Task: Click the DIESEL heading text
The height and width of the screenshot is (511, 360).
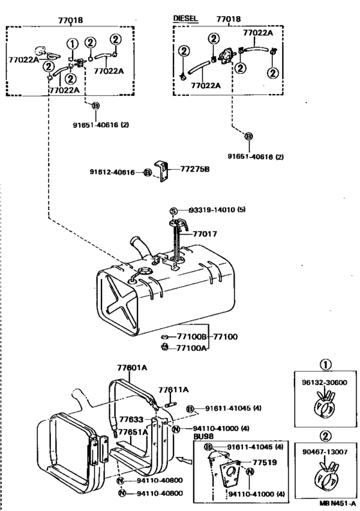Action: click(185, 18)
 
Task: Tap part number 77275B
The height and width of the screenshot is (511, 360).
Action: click(195, 169)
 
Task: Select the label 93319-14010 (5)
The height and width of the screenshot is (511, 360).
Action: click(217, 210)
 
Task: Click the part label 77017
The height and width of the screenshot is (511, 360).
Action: click(205, 234)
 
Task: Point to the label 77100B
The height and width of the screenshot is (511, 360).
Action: click(192, 337)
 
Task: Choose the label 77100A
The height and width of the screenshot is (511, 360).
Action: click(192, 348)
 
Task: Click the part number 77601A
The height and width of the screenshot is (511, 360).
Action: click(132, 368)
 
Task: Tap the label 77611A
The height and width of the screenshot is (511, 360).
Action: click(174, 390)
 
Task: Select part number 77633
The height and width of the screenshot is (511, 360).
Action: click(131, 420)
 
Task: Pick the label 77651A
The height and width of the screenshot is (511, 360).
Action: click(133, 432)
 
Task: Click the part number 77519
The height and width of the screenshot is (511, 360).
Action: click(265, 462)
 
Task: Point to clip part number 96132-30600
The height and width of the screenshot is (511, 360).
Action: click(325, 382)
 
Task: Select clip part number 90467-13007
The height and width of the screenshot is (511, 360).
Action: click(325, 452)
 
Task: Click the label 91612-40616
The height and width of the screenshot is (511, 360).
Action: click(113, 172)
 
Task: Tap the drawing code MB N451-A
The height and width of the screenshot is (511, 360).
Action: click(337, 503)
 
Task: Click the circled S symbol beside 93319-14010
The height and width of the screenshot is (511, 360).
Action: click(174, 211)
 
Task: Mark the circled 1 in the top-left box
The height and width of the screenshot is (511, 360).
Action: click(73, 44)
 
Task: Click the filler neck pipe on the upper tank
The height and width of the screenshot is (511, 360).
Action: click(141, 247)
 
